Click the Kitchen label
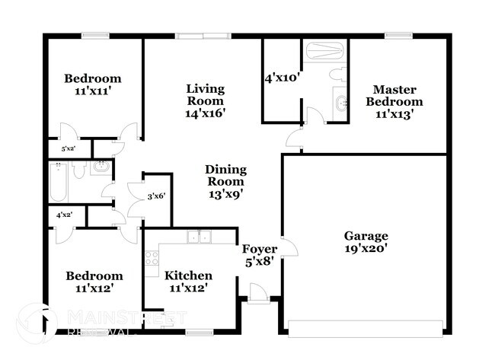[189, 276]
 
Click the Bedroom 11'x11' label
[92, 84]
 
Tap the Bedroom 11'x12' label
[92, 282]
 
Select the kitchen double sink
[200, 238]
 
